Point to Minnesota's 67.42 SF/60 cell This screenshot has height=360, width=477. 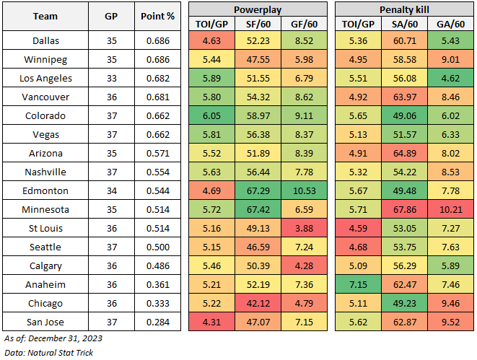257,210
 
